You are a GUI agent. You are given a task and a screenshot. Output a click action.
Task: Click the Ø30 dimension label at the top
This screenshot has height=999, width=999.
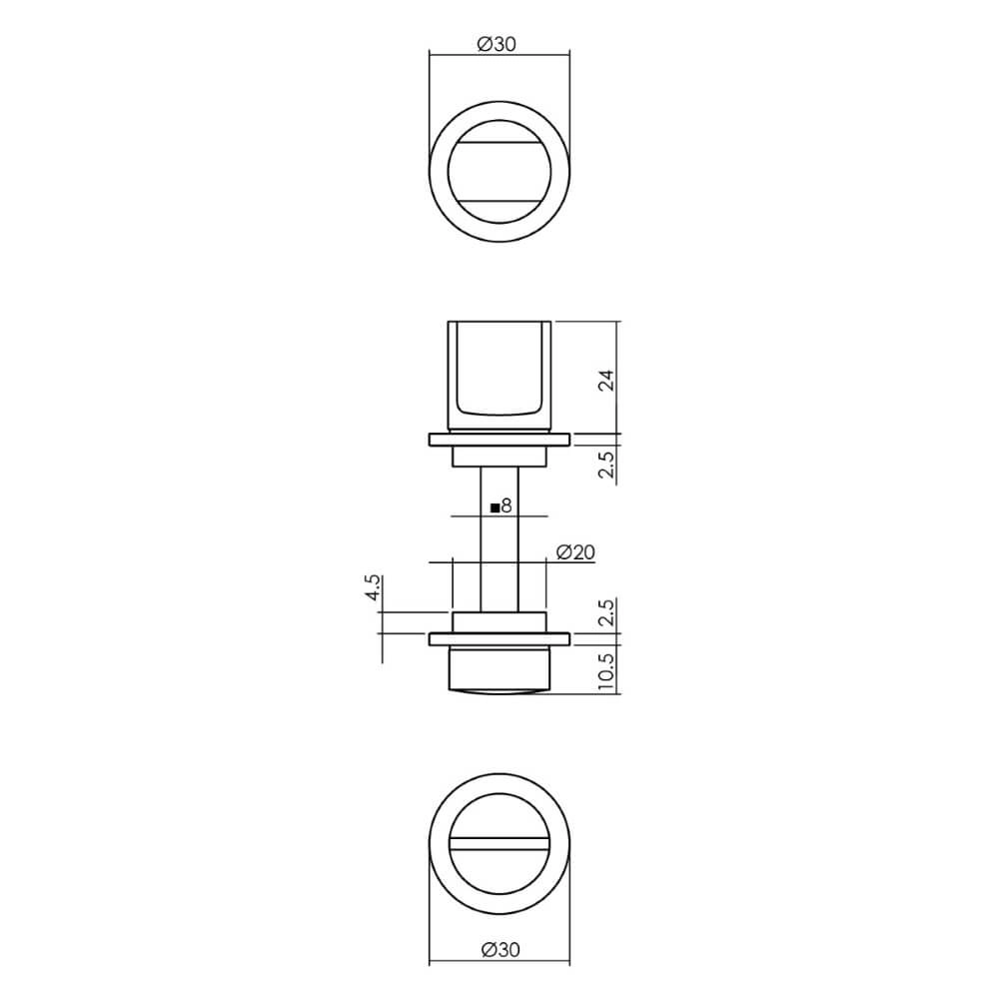click(498, 43)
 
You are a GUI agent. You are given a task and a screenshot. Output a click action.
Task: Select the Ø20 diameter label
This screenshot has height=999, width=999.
click(575, 551)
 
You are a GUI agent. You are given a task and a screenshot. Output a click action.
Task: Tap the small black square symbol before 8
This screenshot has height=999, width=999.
click(496, 507)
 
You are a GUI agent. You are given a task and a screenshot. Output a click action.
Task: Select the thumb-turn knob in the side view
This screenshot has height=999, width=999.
click(499, 375)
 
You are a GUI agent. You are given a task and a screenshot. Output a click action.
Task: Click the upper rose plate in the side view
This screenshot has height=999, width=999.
click(499, 439)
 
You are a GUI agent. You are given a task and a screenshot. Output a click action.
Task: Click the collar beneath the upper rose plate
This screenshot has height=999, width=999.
click(499, 457)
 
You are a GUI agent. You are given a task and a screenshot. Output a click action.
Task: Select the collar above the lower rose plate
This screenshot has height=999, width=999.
click(499, 621)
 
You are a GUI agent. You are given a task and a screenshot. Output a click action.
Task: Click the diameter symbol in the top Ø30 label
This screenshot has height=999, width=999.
click(484, 43)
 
